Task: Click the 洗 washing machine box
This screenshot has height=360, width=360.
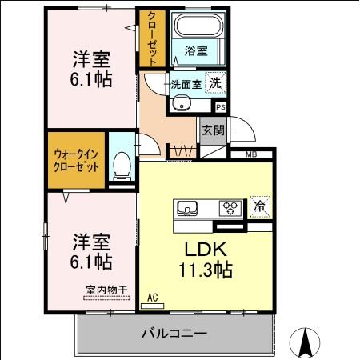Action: [216, 82]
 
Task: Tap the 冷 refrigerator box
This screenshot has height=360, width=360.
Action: [259, 206]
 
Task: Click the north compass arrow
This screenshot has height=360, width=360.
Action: [305, 342]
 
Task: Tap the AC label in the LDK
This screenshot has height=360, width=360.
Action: [153, 298]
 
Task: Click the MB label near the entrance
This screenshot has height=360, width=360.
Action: [250, 154]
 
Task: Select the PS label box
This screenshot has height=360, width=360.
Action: [220, 106]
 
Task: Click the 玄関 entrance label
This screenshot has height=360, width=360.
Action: [212, 130]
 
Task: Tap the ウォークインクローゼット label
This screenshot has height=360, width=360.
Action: [77, 160]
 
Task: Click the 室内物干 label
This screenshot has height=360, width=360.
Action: [106, 292]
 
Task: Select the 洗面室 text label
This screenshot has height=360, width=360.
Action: [186, 82]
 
